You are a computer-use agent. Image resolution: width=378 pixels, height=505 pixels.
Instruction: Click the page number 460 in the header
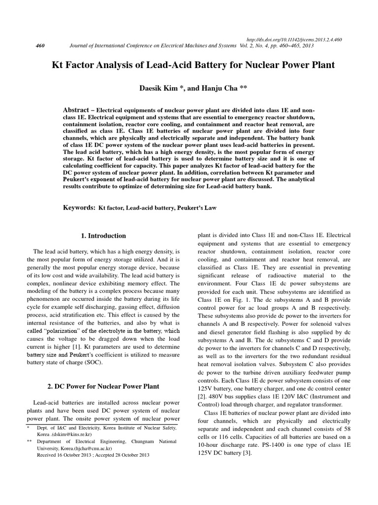pyautogui.click(x=41, y=46)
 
